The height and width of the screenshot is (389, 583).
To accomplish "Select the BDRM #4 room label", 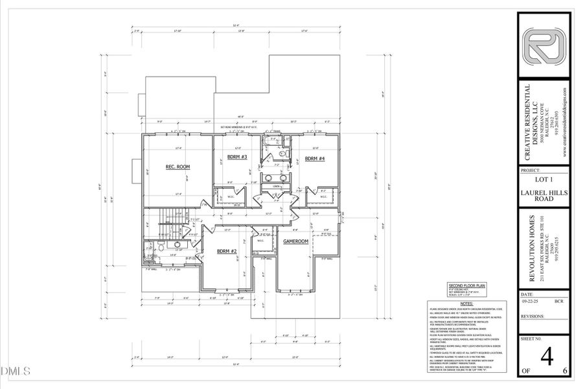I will [314, 158].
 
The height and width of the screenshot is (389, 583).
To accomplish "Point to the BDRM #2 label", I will [226, 250].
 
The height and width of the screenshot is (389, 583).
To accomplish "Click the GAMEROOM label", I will [295, 241].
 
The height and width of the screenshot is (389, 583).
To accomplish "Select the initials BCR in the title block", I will [558, 301].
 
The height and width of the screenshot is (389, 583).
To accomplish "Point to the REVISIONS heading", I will [534, 317].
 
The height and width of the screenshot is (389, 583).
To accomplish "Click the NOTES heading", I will [467, 303].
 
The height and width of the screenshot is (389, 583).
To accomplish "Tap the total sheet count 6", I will [565, 371].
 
